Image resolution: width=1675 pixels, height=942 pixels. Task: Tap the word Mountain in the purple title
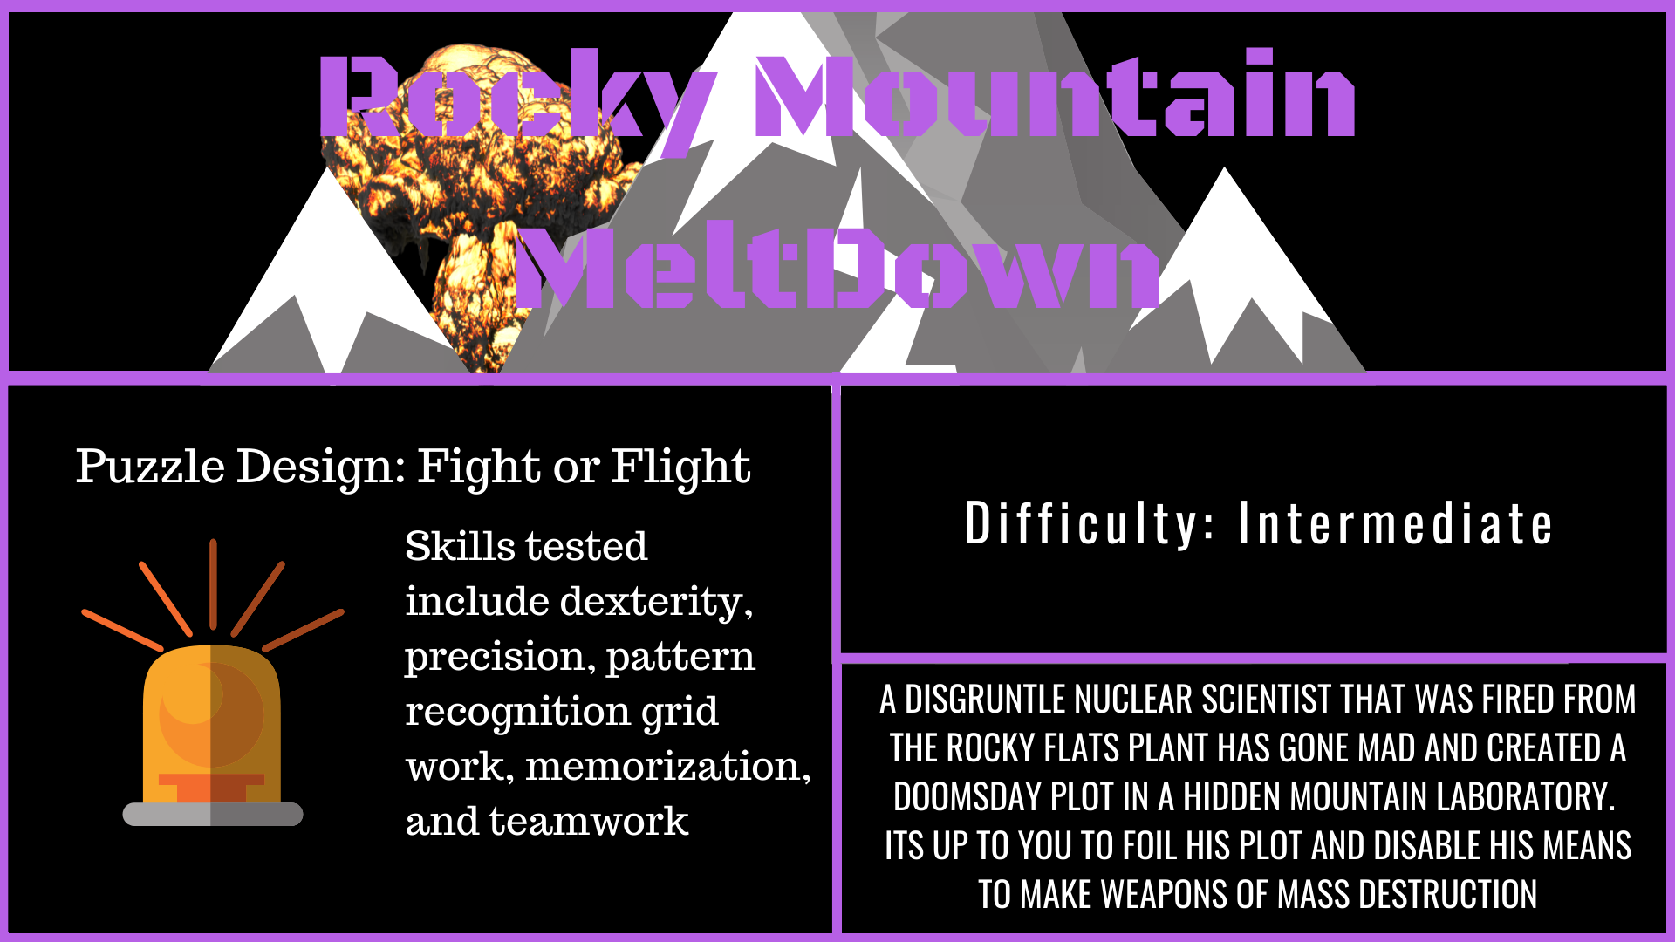1055,92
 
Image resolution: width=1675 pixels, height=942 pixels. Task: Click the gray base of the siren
213,814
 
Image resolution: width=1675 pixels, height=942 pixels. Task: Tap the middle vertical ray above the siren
213,584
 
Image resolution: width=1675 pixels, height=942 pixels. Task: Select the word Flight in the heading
680,468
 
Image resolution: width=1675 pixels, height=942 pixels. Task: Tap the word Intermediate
1396,524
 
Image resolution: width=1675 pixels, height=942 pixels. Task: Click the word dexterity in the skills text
656,602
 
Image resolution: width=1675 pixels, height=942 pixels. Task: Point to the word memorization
668,767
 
